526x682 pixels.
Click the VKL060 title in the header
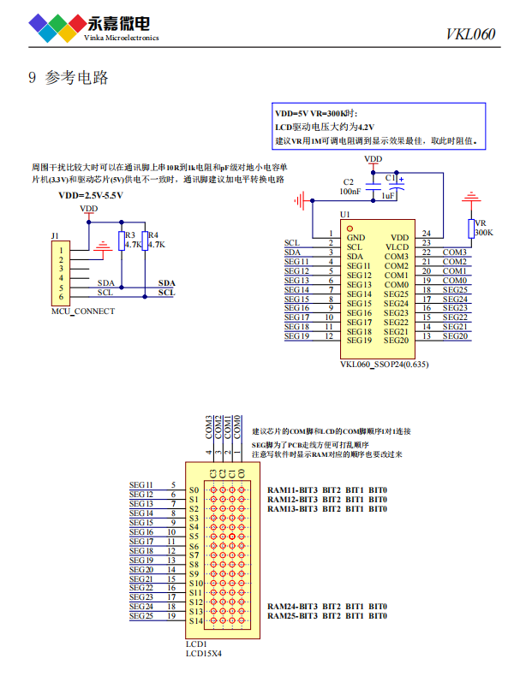tap(470, 35)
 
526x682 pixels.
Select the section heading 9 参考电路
tap(69, 79)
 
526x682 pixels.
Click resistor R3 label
tap(130, 234)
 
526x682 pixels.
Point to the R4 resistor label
tap(153, 234)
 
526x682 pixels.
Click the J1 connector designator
tap(56, 235)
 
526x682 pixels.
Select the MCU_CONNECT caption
tap(83, 311)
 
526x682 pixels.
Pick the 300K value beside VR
tap(484, 232)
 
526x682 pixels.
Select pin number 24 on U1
tap(426, 234)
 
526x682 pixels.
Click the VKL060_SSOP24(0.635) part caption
tap(385, 365)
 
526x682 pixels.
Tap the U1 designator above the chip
tap(345, 215)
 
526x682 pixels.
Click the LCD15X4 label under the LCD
tap(204, 653)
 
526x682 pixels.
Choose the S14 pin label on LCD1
tap(194, 620)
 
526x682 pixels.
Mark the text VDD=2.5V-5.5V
tap(91, 196)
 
